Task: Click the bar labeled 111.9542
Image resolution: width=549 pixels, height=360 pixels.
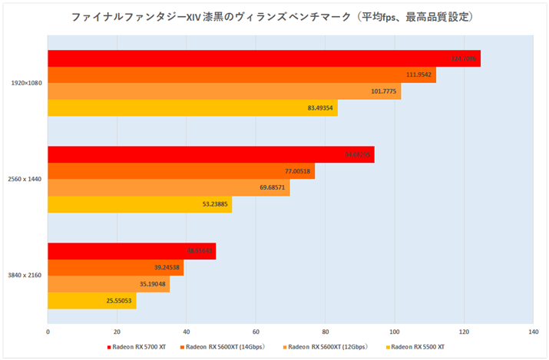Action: click(241, 74)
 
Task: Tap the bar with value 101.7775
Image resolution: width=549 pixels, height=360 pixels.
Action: click(223, 91)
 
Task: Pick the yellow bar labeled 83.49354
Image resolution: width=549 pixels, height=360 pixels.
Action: click(192, 107)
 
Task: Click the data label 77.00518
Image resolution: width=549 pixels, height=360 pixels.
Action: click(296, 171)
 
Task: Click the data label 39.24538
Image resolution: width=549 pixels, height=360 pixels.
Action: click(167, 267)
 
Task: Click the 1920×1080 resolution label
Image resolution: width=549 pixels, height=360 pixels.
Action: click(26, 83)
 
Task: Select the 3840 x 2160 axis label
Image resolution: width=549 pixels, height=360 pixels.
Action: click(25, 276)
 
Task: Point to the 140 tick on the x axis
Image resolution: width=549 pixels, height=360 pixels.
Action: click(532, 332)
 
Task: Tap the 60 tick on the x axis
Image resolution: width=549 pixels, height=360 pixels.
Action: click(256, 332)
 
